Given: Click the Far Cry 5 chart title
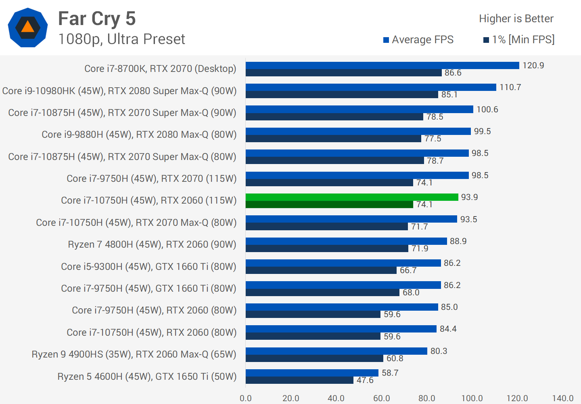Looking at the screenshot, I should tap(97, 19).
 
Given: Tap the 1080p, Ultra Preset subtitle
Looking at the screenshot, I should tap(121, 39).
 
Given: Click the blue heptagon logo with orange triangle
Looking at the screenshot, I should tap(28, 27).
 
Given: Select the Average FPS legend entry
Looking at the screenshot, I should tap(418, 40).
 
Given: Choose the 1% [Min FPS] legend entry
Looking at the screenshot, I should tap(519, 40).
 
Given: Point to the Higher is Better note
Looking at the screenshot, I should tap(516, 19).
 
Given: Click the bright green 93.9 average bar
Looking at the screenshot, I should tap(352, 197).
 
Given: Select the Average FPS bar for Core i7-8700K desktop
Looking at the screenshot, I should tap(382, 65).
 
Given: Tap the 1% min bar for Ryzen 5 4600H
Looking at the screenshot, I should tap(299, 380).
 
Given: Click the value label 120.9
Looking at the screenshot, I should tap(533, 65).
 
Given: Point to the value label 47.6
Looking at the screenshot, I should tap(365, 380).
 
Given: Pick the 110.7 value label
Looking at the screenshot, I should tap(510, 87).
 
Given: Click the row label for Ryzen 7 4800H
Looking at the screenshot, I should tap(152, 244).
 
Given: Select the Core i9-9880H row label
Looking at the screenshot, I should tap(139, 135).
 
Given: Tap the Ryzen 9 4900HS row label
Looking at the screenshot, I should tap(134, 354).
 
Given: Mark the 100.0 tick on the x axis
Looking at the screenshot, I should tap(472, 398).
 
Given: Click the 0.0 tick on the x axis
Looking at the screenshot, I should tap(246, 398).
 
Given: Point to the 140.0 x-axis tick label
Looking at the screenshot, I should tap(562, 398).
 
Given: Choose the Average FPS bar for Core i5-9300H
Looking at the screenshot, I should tap(343, 263).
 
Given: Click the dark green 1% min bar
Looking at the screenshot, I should tap(329, 204).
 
